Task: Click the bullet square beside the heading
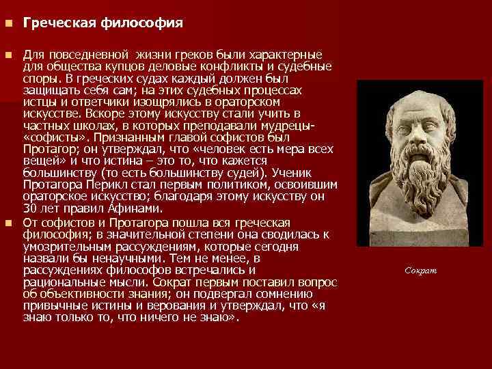tap(8, 23)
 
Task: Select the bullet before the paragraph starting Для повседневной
tap(8, 54)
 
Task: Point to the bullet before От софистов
tap(8, 223)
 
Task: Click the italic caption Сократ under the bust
tap(420, 271)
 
